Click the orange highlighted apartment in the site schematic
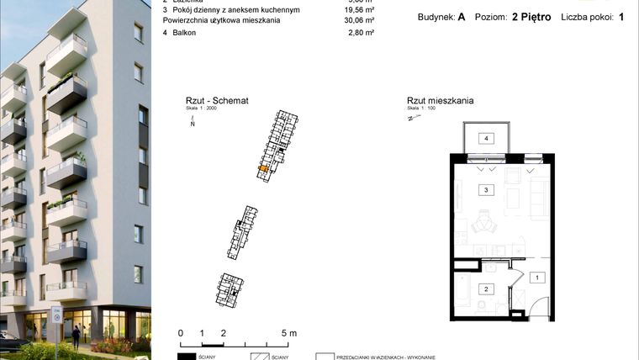263,170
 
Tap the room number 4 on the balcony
485,138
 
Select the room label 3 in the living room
485,191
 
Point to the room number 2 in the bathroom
485,289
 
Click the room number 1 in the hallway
536,277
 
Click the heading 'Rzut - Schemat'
208,100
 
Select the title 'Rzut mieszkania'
439,100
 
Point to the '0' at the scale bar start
181,334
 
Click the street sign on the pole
57,316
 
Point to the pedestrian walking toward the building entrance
76,336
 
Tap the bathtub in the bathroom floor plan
463,290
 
